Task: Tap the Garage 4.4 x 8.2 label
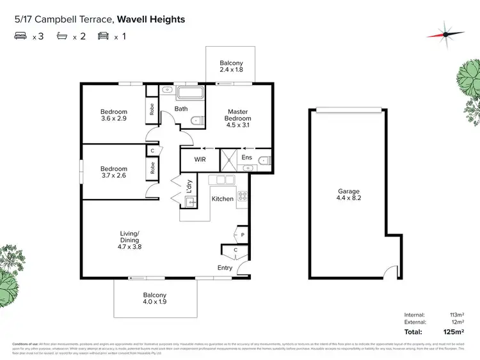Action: coord(349,195)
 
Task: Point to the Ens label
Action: coord(246,157)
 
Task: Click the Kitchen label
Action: coord(223,199)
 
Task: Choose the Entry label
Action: coord(225,268)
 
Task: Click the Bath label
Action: coord(181,109)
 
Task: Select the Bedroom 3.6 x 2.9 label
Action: coord(114,115)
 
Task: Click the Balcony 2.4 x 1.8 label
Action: coord(231,67)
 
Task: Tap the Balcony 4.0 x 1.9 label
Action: coord(154,299)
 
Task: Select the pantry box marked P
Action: coord(243,235)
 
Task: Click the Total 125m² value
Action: coord(454,332)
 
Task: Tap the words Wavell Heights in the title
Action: coord(151,19)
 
